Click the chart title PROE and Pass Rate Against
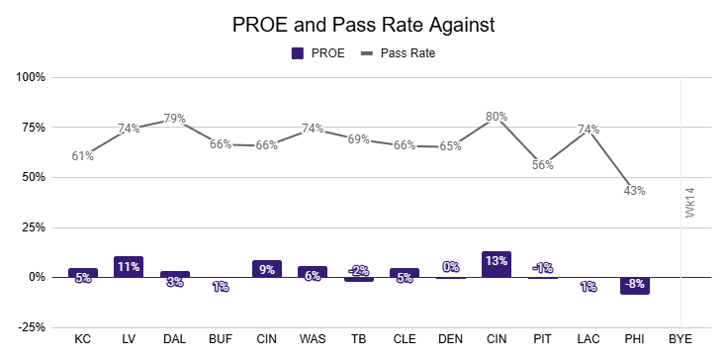363,25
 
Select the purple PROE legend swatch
298,53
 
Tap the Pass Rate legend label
408,53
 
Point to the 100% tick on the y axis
32,77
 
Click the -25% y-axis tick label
32,327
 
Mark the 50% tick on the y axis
35,178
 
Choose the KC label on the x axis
82,339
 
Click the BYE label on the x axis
681,339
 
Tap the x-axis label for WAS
313,339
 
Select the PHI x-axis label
634,339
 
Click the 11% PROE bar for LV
129,267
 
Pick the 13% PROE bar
497,265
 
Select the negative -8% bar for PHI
634,286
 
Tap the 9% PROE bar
267,269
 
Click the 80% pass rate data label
497,117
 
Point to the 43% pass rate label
634,191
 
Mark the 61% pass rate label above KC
82,156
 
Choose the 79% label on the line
174,119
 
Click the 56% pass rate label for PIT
543,165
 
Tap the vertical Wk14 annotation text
690,202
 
